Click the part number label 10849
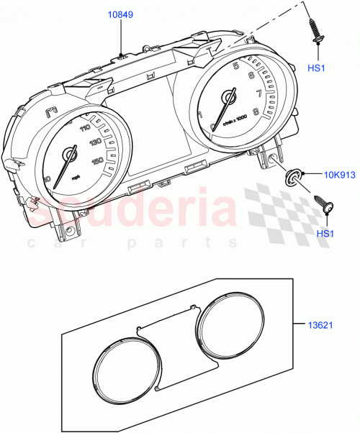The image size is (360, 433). [120, 14]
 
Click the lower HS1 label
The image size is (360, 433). [325, 234]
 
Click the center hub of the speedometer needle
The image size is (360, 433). [71, 154]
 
